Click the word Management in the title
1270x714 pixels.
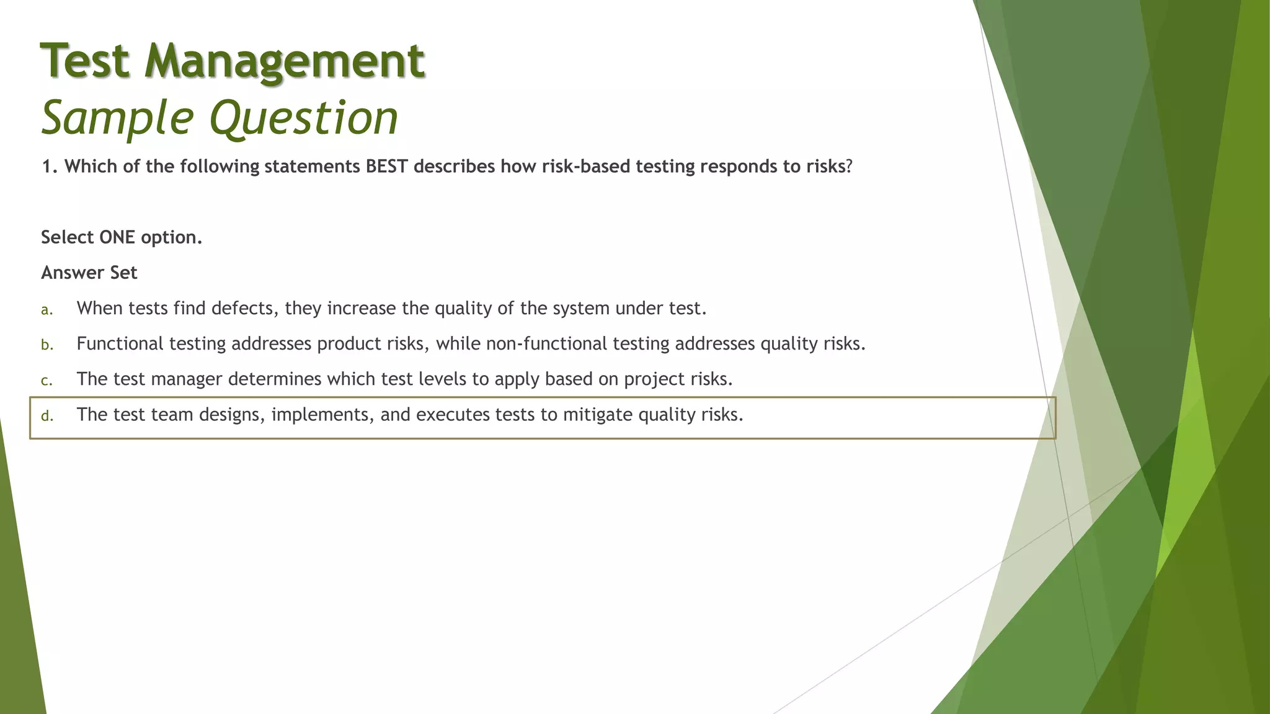click(285, 61)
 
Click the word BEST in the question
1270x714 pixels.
click(386, 167)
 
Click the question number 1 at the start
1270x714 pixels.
click(47, 167)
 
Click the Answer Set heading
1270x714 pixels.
click(89, 273)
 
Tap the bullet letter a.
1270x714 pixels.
click(47, 310)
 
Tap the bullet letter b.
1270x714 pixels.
click(47, 345)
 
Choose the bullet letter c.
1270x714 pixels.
click(47, 381)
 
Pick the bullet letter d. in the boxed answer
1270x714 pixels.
click(47, 416)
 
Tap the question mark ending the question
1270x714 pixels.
click(849, 167)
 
